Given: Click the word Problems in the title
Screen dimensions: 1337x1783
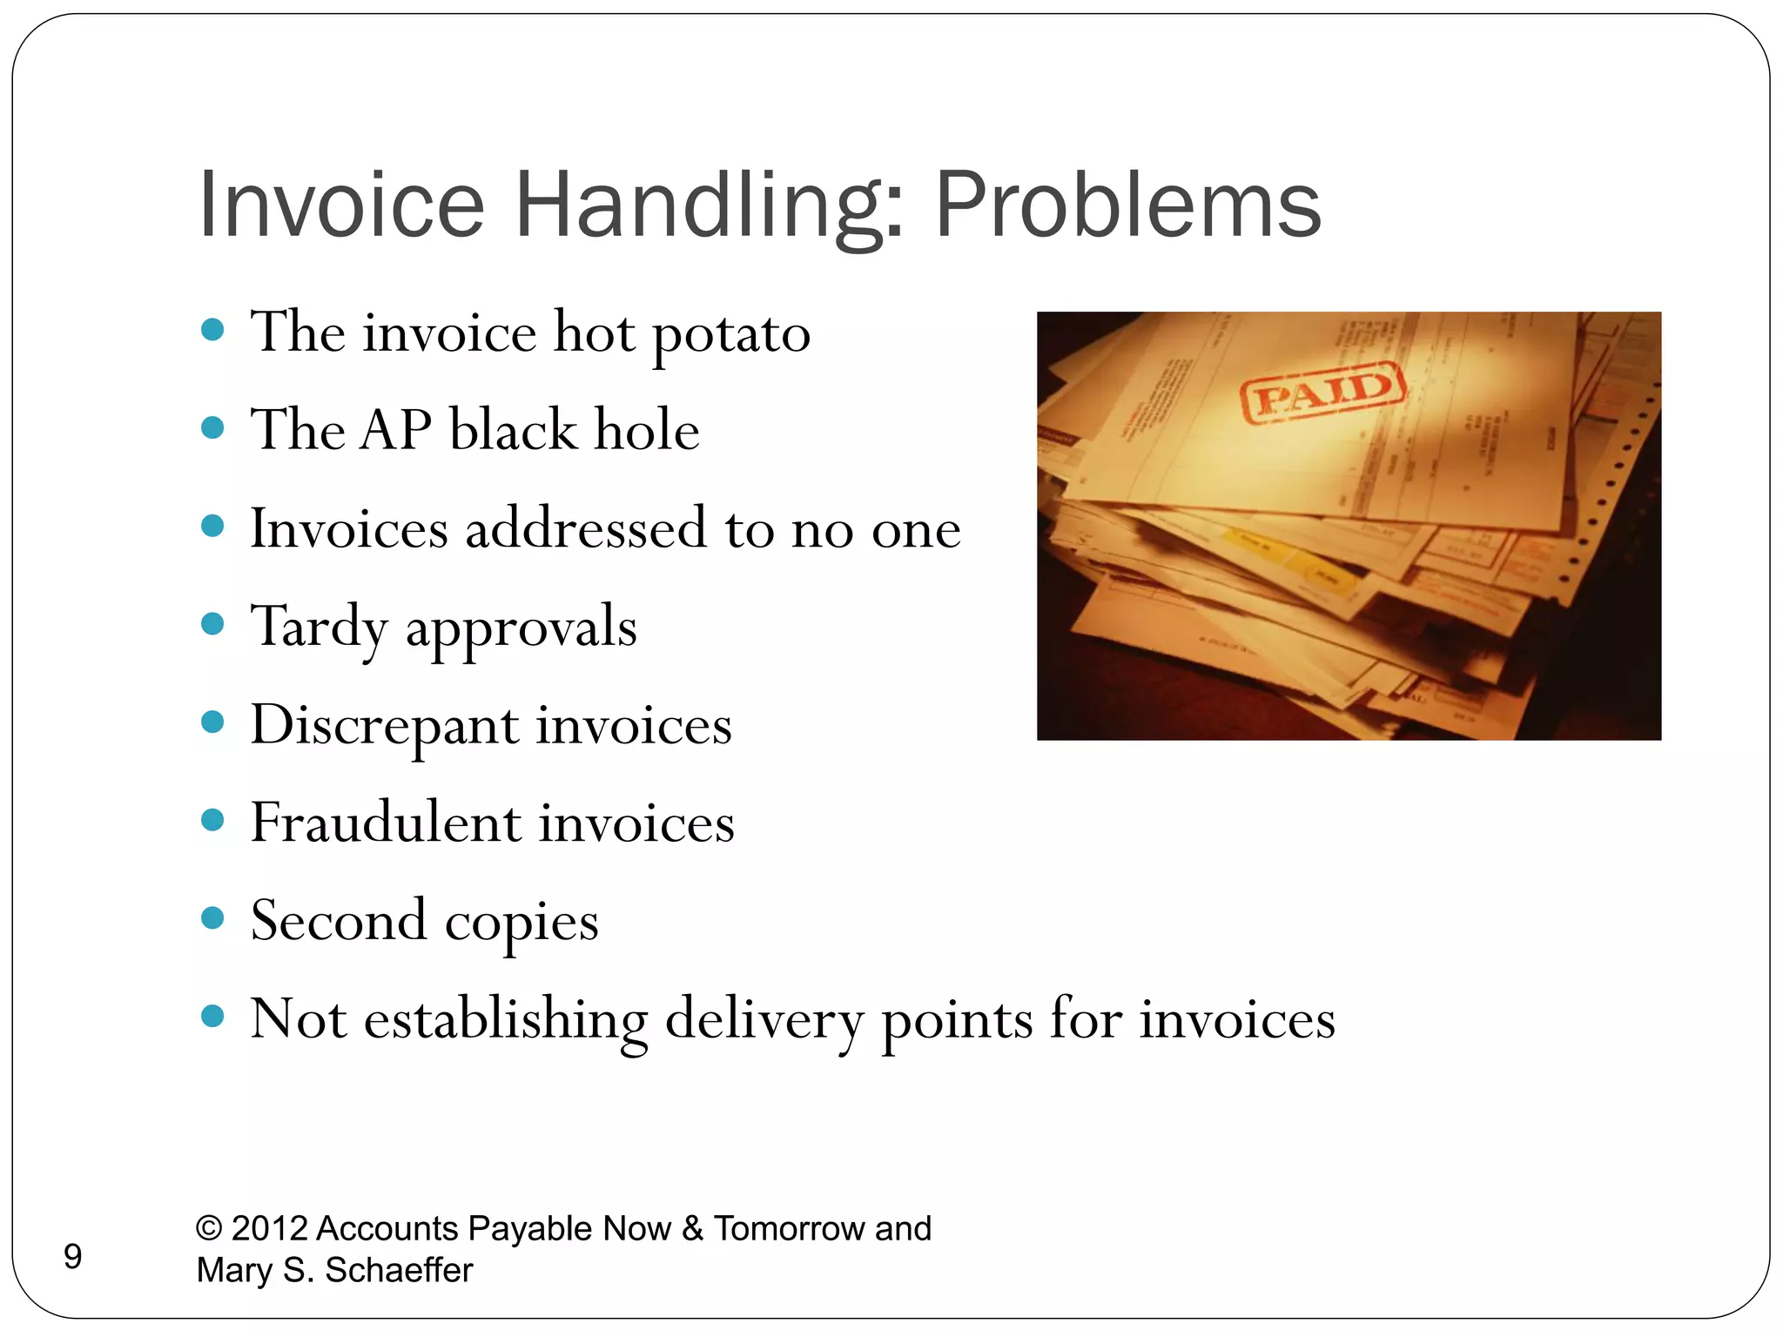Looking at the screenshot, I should (x=1127, y=205).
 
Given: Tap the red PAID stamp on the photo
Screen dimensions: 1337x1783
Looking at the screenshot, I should (x=1322, y=392).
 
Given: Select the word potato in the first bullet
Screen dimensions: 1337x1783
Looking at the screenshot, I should (x=730, y=333).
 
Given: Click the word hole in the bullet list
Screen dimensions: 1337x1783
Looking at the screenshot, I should (x=648, y=430).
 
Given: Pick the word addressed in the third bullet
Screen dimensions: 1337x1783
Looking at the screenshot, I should (x=585, y=528).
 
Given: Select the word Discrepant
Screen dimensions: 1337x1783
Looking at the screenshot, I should (x=383, y=725).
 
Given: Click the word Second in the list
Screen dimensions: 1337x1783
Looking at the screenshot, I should (x=339, y=921).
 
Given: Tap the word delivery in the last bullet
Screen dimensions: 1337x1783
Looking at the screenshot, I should (x=763, y=1019).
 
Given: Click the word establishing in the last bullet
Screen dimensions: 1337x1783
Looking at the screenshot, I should (x=505, y=1019).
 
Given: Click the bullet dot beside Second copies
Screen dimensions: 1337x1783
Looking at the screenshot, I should (x=212, y=917).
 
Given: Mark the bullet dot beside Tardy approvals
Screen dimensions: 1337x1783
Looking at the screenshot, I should (x=212, y=623).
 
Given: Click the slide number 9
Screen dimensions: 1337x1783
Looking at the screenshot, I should (x=73, y=1257).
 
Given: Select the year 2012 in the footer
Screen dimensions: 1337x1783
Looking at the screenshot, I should (x=269, y=1228).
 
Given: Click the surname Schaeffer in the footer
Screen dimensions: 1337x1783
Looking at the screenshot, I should (x=399, y=1270).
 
